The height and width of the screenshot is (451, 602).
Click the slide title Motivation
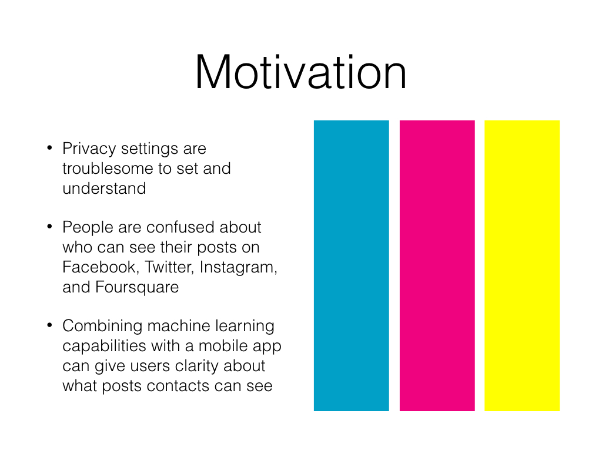click(300, 72)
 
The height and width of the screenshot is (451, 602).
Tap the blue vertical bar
click(352, 265)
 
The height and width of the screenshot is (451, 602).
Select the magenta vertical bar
click(437, 265)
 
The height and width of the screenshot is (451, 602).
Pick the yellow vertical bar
click(522, 265)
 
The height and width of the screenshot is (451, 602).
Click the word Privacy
click(89, 149)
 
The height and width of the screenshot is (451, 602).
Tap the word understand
click(104, 189)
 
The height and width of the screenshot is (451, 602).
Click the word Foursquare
click(137, 288)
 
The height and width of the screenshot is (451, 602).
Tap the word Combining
click(102, 327)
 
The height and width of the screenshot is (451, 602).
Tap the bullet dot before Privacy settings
click(49, 147)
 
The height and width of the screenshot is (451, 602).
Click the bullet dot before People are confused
click(49, 226)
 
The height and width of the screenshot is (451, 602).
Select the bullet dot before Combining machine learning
click(49, 325)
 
